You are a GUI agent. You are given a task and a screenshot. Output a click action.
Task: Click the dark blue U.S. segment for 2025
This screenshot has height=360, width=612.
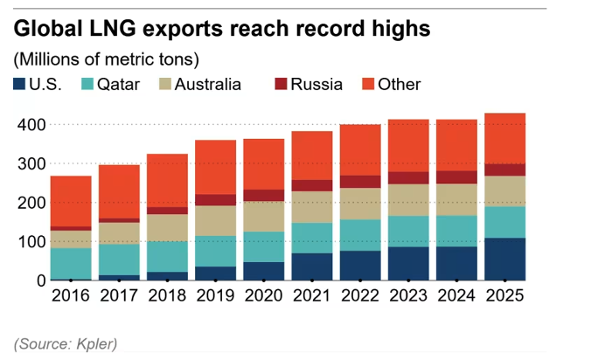click(x=504, y=259)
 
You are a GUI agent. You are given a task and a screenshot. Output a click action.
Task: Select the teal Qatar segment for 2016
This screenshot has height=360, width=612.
click(x=70, y=263)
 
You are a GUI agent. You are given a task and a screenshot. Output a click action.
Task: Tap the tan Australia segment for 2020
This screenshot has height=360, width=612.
click(x=264, y=216)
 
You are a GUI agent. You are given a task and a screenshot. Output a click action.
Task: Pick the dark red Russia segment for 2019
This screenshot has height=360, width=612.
click(x=216, y=199)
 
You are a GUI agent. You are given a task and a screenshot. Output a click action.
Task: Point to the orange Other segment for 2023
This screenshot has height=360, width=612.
click(x=408, y=145)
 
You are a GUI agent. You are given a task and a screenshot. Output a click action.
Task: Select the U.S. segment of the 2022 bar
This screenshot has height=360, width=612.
click(x=360, y=265)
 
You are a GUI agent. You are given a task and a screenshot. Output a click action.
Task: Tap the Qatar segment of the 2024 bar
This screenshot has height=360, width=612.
click(x=456, y=231)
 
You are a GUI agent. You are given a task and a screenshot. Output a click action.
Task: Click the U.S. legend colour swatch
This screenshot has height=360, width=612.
click(x=19, y=85)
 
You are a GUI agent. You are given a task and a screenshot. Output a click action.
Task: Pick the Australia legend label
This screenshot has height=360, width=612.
click(x=208, y=85)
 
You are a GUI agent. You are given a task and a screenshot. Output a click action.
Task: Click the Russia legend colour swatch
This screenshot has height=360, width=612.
click(x=282, y=85)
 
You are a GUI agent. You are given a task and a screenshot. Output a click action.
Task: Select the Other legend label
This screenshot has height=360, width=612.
click(x=400, y=85)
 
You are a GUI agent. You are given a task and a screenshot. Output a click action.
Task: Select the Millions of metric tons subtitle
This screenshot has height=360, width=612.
click(x=106, y=59)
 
